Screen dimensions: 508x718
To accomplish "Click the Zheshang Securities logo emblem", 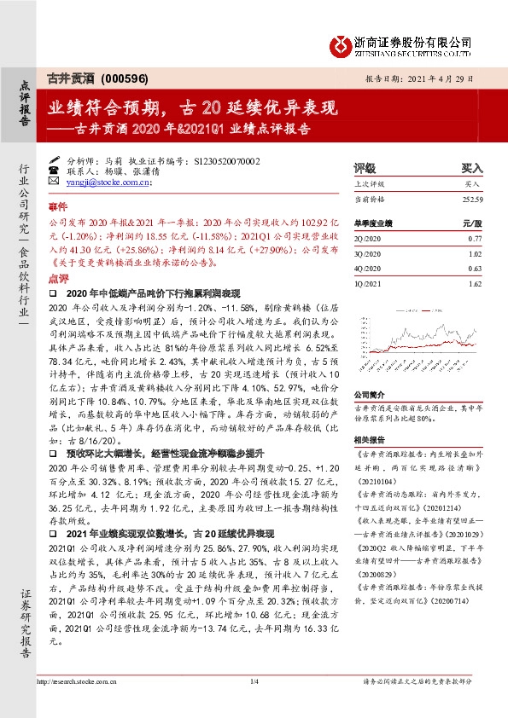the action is pos(342,43).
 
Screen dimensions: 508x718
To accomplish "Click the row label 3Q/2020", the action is pos(365,253).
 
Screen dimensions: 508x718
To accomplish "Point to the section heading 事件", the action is pos(56,207).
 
